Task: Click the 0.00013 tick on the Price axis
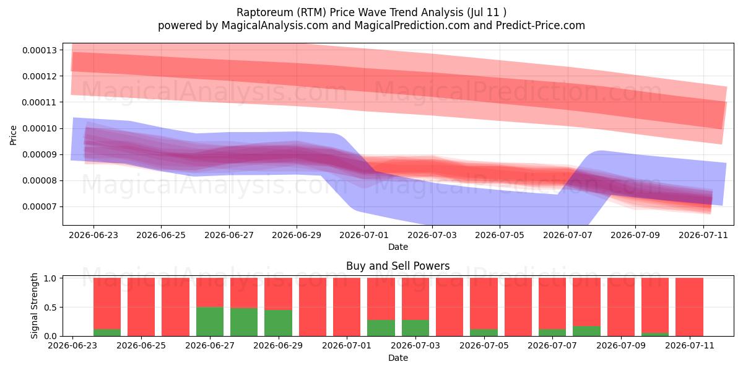40,50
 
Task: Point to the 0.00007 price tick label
40,207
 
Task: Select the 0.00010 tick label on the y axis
40,128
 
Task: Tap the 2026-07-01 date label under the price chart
364,235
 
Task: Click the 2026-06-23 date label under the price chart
93,235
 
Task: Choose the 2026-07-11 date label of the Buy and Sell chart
690,345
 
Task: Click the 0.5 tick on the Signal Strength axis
50,308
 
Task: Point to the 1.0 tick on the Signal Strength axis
50,278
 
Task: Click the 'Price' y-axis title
13,135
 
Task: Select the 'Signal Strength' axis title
34,306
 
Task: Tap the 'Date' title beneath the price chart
398,247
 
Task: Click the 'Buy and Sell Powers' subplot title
398,266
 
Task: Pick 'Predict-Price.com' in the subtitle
541,25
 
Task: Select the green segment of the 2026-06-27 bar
210,322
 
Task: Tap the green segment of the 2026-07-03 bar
415,328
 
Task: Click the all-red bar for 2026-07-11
689,307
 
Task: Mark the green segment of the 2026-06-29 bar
278,323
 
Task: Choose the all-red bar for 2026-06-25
141,307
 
